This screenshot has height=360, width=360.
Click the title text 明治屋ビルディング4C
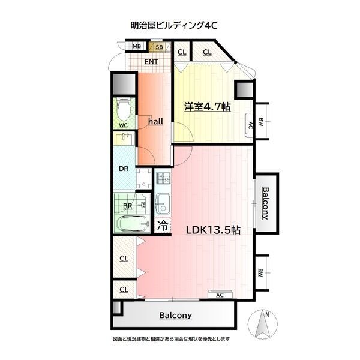174,25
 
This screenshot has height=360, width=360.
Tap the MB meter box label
137,46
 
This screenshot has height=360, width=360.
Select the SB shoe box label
159,47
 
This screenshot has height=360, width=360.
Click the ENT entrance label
151,62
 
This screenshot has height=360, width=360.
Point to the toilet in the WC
124,109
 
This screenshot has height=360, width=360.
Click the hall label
155,121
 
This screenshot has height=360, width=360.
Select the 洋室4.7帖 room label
208,107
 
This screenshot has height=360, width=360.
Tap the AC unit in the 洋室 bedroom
249,125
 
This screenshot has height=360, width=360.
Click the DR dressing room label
124,169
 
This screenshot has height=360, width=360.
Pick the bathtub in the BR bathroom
133,224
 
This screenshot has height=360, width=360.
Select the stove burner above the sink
163,178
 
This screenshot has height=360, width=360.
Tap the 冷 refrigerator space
163,225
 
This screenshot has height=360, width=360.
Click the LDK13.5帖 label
213,230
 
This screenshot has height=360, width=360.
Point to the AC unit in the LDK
220,295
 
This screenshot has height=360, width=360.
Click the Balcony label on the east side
266,203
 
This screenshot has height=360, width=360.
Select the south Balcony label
176,315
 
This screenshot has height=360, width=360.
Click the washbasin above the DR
124,139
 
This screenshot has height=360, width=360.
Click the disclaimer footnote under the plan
171,338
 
